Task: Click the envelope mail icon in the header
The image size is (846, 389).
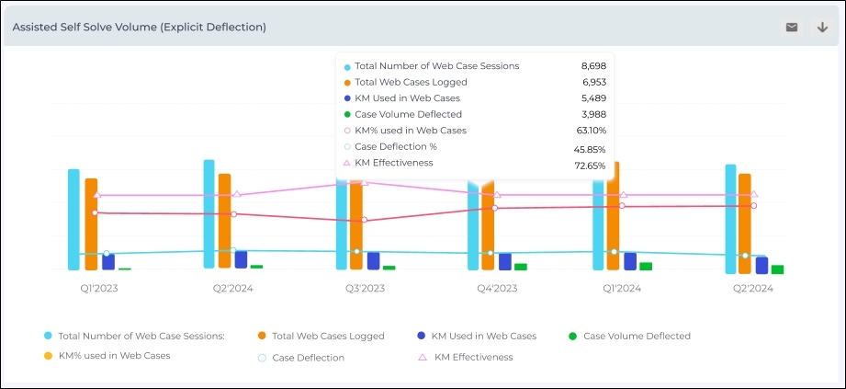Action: (792, 28)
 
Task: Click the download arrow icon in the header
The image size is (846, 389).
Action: (822, 28)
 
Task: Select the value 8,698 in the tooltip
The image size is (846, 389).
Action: (593, 66)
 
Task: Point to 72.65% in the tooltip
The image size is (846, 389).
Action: (590, 166)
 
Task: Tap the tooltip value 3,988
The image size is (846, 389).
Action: (593, 114)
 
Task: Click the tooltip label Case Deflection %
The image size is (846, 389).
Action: (396, 146)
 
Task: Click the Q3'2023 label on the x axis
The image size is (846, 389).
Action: (360, 289)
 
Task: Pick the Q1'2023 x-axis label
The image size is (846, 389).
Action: (98, 289)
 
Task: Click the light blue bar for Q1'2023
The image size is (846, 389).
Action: (73, 220)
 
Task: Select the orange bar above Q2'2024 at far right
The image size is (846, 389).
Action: (744, 222)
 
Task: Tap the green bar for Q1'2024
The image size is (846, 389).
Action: (646, 266)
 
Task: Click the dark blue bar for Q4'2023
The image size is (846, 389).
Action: (504, 262)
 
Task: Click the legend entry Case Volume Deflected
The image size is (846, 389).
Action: (637, 337)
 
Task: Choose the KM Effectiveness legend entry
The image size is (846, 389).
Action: (473, 357)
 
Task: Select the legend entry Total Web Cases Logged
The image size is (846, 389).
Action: (328, 337)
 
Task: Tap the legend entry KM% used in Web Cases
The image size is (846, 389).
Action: (114, 355)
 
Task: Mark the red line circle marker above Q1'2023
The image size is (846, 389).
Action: (96, 212)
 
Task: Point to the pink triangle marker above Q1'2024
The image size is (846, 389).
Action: (624, 195)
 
